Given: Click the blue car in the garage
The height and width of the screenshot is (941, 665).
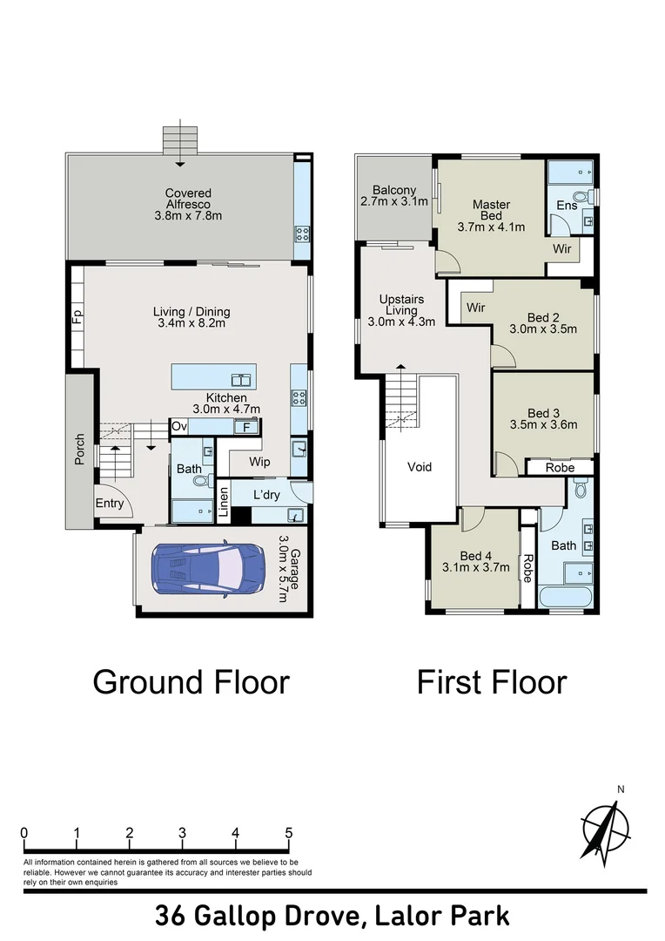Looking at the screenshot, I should (208, 571).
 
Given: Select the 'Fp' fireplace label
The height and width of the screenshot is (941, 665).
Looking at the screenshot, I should (77, 315).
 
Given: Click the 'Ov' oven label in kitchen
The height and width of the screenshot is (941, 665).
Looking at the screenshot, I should (179, 426).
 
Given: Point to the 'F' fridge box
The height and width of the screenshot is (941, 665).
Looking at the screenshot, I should (246, 427).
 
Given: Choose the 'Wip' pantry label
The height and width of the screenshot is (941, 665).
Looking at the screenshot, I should (259, 462).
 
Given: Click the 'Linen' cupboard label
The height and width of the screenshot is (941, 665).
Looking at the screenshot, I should (223, 503).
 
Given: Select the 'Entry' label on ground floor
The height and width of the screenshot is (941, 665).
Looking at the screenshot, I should (110, 503).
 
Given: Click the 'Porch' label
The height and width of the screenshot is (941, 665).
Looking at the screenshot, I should (79, 449).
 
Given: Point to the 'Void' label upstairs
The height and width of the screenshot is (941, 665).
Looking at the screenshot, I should (420, 467).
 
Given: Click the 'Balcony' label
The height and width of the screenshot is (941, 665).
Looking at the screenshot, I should (394, 190).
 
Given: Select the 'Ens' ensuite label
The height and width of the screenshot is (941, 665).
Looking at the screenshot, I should (567, 206).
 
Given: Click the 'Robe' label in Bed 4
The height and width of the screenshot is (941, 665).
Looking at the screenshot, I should (527, 567).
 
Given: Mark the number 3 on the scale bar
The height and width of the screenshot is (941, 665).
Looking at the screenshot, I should (182, 832).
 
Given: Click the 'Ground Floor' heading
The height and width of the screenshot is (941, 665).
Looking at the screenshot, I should (191, 681).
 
